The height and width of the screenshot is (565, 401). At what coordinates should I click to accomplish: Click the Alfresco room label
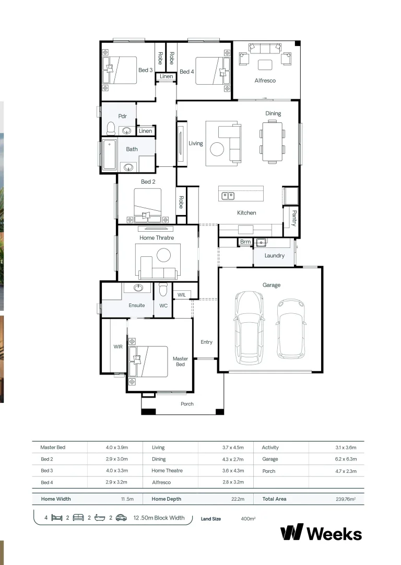coord(265,81)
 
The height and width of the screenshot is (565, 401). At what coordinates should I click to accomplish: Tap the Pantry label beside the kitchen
coord(294,218)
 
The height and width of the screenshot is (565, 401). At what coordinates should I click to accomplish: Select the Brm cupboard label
coord(245,242)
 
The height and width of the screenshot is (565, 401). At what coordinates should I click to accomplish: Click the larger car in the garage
coord(249,327)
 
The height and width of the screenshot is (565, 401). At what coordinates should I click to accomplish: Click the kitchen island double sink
coord(228,196)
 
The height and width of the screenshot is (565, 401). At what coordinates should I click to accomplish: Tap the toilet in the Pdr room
coord(111,128)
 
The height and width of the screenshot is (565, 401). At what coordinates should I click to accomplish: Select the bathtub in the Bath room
coord(109,155)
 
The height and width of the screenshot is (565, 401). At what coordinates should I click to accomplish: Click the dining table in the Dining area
coord(273,141)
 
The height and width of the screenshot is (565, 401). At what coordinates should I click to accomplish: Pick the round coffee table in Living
coord(217,149)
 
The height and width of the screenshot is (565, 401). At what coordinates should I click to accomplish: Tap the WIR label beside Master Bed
coord(118,346)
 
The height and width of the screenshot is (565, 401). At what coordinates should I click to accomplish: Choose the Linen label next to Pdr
coord(146,131)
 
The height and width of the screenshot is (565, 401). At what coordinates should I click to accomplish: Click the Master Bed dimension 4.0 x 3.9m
coord(117,447)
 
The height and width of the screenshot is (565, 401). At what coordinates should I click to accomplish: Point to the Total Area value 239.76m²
coord(346,499)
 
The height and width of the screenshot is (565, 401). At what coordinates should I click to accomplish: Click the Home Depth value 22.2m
coord(238,499)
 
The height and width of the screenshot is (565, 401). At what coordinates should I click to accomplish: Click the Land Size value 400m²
coord(248,518)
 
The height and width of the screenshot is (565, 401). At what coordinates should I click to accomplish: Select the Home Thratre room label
coord(157,238)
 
